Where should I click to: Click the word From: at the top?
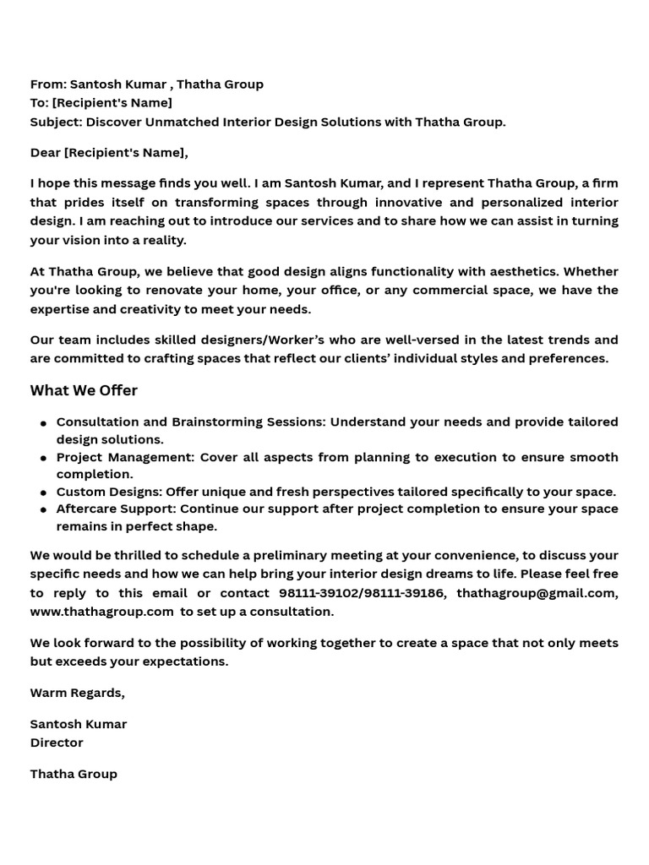click(x=48, y=84)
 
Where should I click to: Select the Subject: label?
click(x=57, y=122)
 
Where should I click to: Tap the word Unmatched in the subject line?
click(x=183, y=122)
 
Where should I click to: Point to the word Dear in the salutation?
click(x=46, y=153)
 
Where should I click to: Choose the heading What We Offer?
click(x=84, y=390)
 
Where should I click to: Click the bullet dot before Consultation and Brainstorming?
click(x=43, y=423)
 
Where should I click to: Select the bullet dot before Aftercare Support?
click(x=43, y=510)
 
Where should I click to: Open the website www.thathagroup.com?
click(x=101, y=612)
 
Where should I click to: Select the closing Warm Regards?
click(x=78, y=693)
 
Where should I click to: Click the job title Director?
click(x=57, y=743)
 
